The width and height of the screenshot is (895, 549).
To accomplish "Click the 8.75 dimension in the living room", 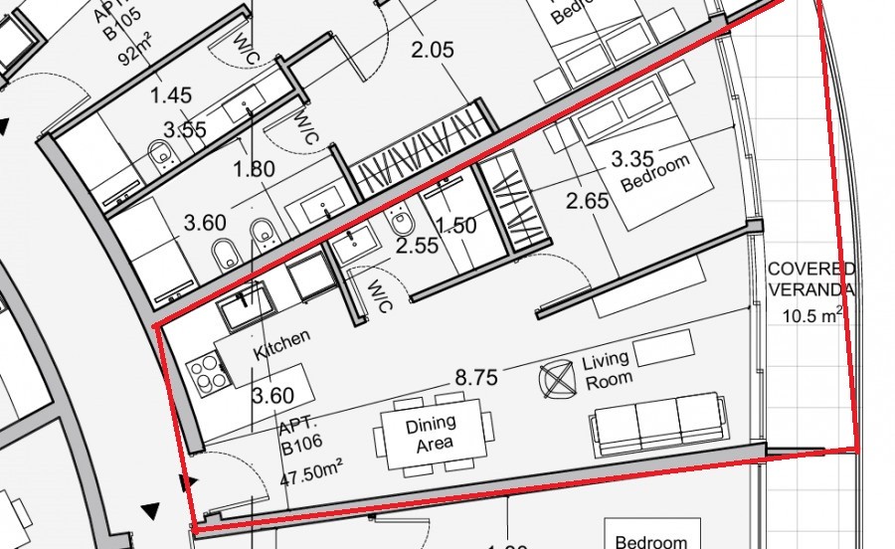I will pos(477,379).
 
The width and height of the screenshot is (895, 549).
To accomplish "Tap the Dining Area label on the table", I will pos(432,433).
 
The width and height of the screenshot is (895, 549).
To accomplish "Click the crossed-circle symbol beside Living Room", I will pos(558,379).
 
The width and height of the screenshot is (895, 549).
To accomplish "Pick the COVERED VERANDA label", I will pos(811,279).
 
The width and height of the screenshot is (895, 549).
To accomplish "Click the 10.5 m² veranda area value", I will pos(811,316).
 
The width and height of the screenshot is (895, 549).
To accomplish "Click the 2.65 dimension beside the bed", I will pos(587,202).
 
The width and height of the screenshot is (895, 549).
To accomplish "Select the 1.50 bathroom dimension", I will pos(456,226).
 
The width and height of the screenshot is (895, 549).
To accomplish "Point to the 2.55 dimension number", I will pos(416,245).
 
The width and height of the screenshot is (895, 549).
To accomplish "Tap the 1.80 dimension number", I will pos(254,169).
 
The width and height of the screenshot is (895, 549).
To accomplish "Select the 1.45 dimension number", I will pos(170,95).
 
